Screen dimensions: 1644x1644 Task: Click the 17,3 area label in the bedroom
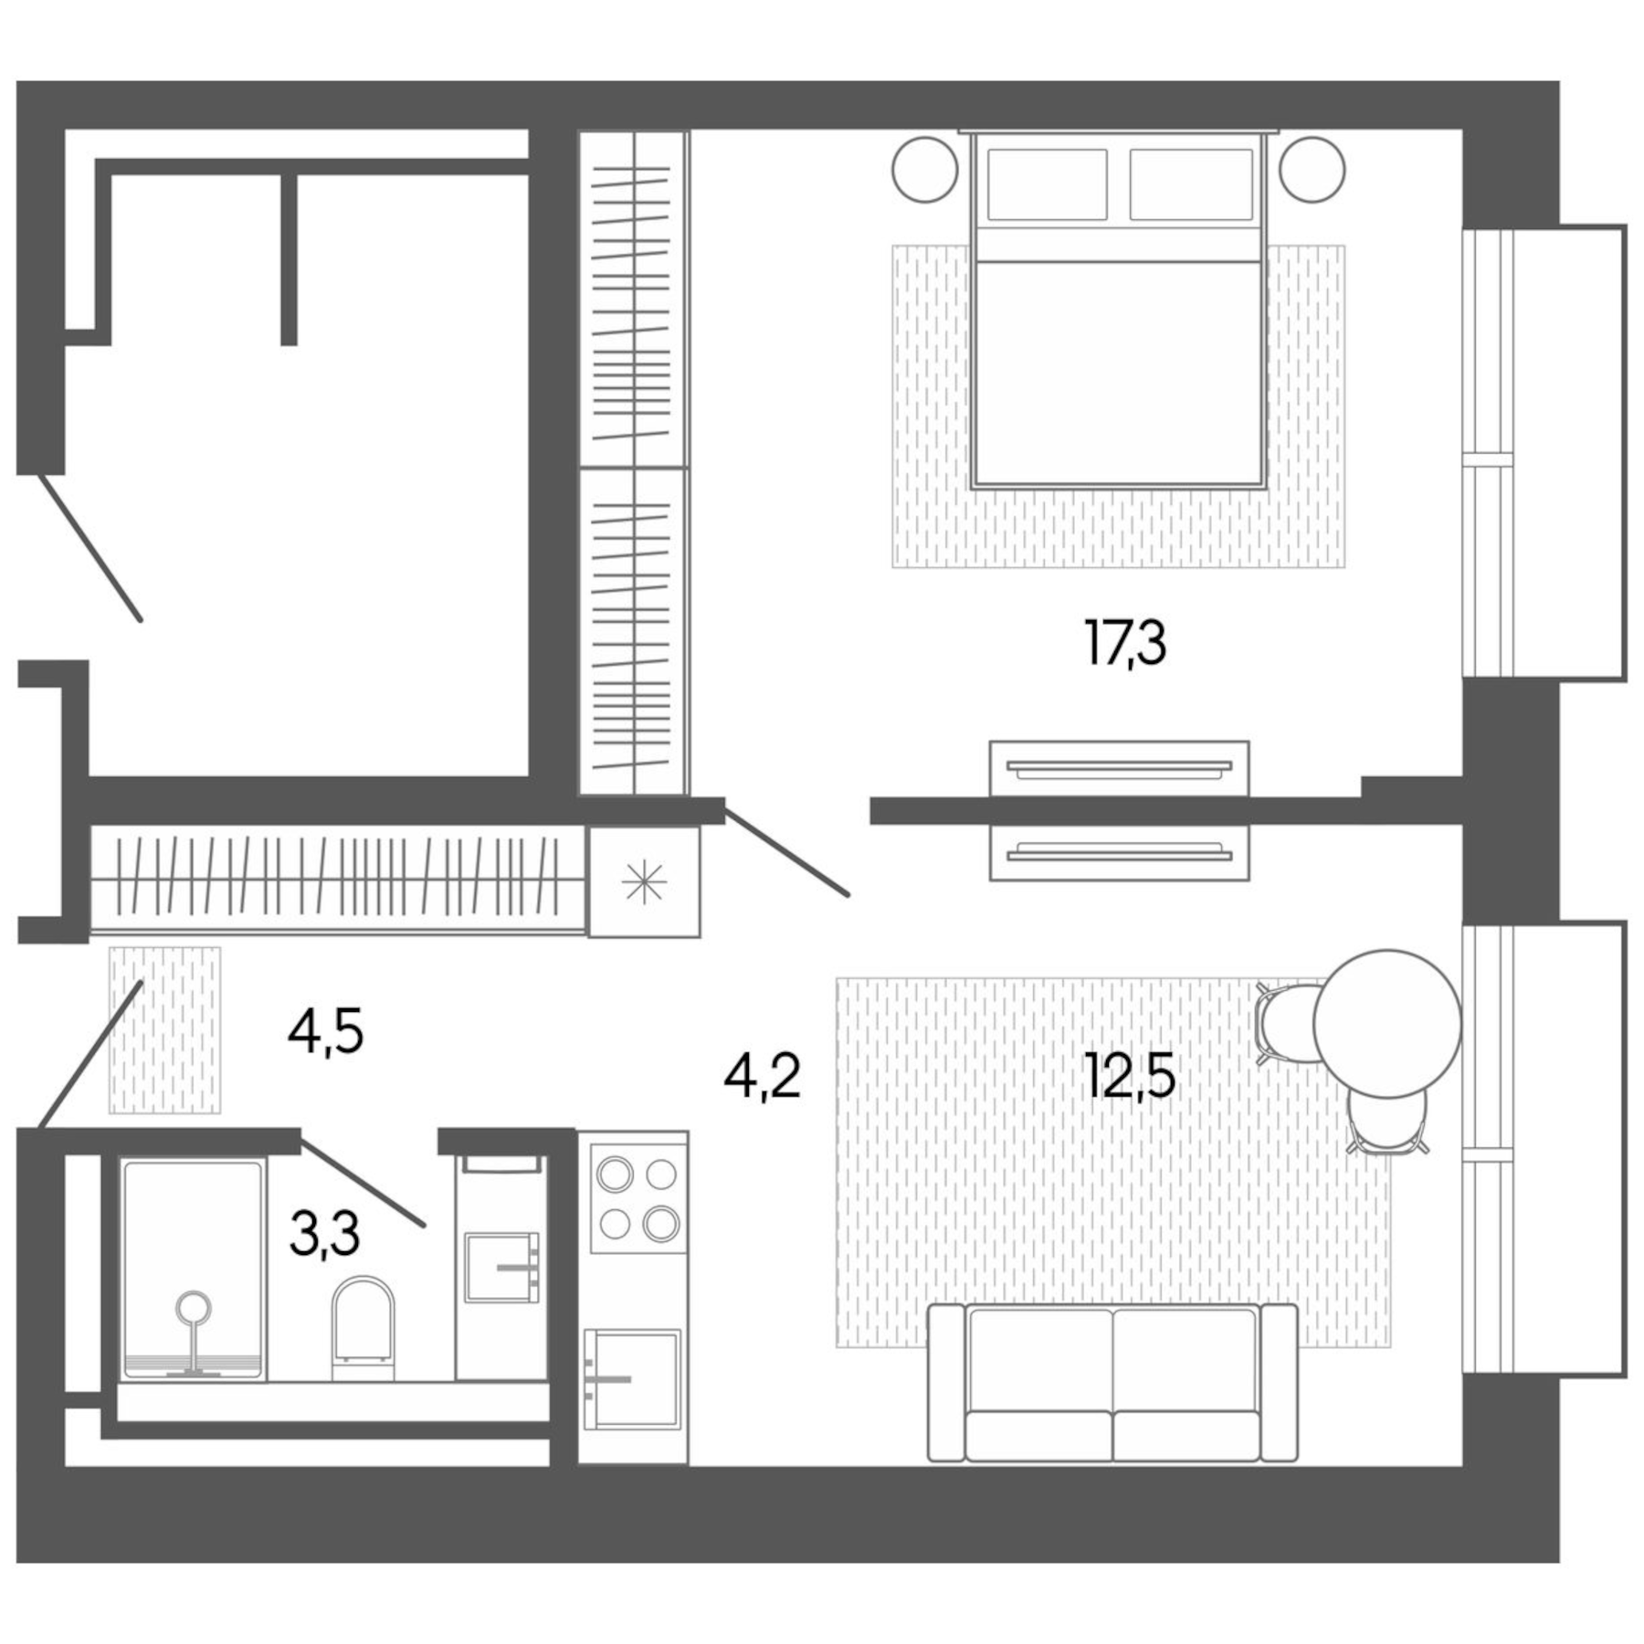tap(1124, 643)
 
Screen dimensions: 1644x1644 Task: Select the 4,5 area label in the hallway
tap(325, 1033)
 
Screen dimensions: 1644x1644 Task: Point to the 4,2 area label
tap(762, 1075)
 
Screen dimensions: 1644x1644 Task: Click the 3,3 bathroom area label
tap(324, 1233)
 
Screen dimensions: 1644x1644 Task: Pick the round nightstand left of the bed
tap(924, 170)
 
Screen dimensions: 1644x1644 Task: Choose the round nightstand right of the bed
tap(1312, 170)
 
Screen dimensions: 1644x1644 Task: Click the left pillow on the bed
tap(1047, 184)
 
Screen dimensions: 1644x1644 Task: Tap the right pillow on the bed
tap(1190, 184)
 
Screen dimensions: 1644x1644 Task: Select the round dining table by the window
tap(1386, 1023)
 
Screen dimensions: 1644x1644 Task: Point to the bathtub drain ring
tap(193, 1308)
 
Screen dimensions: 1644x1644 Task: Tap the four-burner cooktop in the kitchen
tap(638, 1198)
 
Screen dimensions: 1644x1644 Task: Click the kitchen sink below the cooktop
tap(632, 1377)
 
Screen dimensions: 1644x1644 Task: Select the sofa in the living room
tap(1112, 1382)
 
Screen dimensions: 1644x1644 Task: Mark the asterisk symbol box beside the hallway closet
tap(644, 882)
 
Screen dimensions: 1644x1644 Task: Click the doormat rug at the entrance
tap(165, 1029)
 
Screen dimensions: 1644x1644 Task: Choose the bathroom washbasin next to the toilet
tap(501, 1267)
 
